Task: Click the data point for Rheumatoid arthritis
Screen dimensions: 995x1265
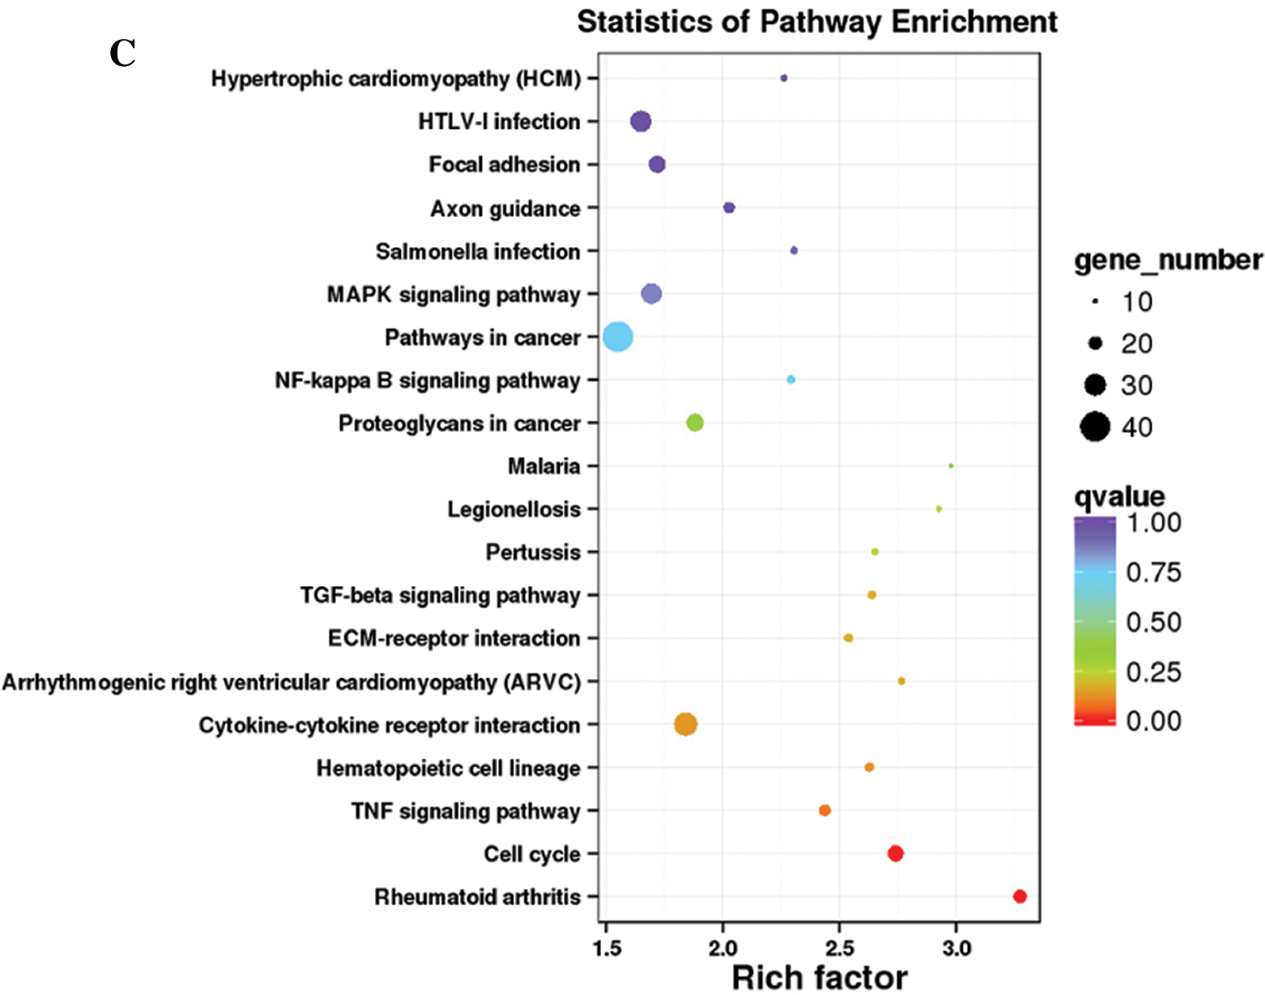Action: pos(1019,896)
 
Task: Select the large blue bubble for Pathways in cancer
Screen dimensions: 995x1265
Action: pos(618,337)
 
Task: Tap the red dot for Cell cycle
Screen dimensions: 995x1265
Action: pos(895,853)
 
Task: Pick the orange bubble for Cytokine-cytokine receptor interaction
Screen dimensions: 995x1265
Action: pos(686,724)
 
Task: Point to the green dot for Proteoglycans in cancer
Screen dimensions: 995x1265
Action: pos(694,423)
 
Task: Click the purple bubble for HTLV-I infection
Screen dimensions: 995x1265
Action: pos(641,121)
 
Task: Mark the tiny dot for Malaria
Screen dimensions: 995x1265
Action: pos(951,466)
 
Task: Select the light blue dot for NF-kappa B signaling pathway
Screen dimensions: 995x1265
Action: pos(791,379)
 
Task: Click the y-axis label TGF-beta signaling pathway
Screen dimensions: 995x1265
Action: pos(440,595)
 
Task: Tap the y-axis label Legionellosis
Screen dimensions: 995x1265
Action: pos(514,509)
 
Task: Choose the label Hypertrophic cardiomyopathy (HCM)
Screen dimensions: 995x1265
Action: pos(395,79)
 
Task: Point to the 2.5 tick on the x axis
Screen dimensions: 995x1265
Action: pos(839,948)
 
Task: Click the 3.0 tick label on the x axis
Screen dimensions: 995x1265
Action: pos(956,948)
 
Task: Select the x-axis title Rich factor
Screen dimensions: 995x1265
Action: pos(819,977)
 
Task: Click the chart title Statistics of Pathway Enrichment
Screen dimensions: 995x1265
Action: pos(817,21)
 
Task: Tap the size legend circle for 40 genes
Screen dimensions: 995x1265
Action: pos(1095,426)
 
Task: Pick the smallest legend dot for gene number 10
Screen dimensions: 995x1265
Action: pos(1095,301)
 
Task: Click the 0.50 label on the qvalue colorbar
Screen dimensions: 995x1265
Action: pos(1153,622)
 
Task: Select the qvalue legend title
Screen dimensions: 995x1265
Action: pos(1119,496)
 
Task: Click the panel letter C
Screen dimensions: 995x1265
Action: pos(123,54)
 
